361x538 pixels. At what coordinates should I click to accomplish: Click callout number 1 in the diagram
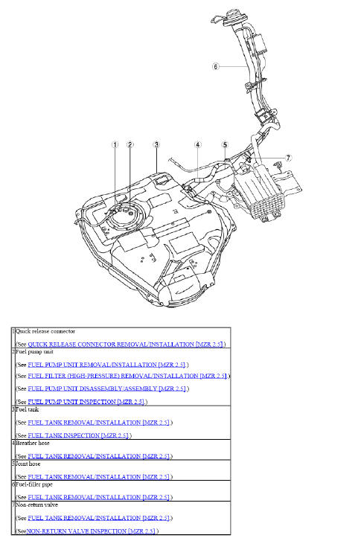pos(115,145)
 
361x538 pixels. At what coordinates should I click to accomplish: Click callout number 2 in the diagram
pos(130,145)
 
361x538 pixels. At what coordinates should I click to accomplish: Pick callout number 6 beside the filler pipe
pos(215,65)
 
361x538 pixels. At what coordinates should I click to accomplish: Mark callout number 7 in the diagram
pos(289,158)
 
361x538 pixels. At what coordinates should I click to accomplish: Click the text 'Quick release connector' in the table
pos(45,331)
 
